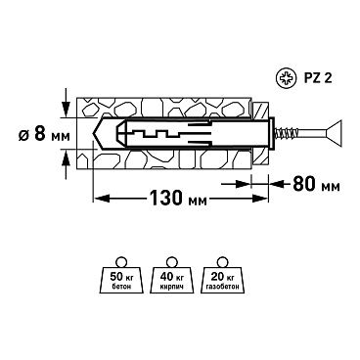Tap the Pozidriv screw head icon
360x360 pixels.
(x=286, y=78)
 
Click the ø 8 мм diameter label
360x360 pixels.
(x=44, y=134)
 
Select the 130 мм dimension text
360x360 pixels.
(x=178, y=198)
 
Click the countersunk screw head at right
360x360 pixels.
(x=334, y=134)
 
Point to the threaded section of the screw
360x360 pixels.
(x=286, y=134)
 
